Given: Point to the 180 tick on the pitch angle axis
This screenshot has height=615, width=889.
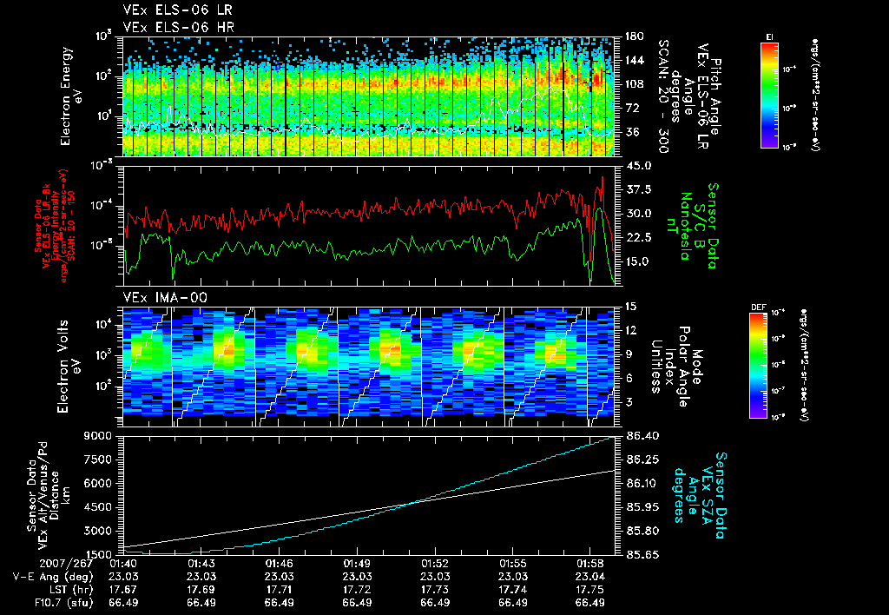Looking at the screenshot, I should pyautogui.click(x=633, y=36).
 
